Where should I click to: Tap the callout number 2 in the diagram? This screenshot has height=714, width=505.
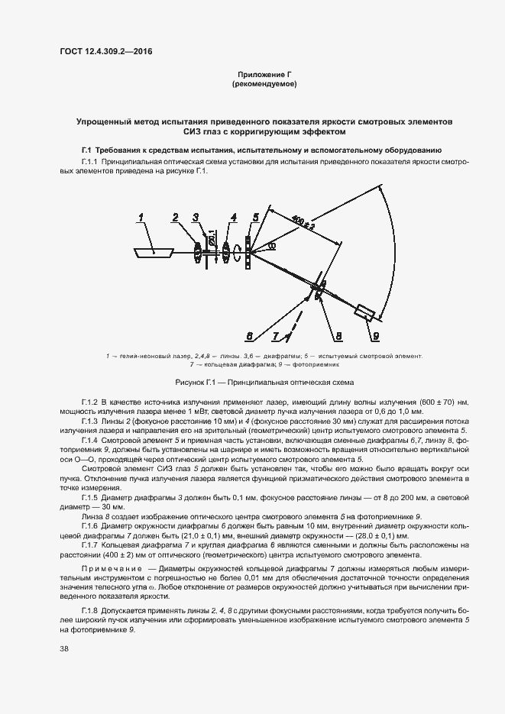click(x=174, y=218)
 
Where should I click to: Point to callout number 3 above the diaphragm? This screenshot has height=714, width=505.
click(x=196, y=218)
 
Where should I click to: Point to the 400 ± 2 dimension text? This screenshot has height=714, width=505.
click(x=303, y=225)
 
